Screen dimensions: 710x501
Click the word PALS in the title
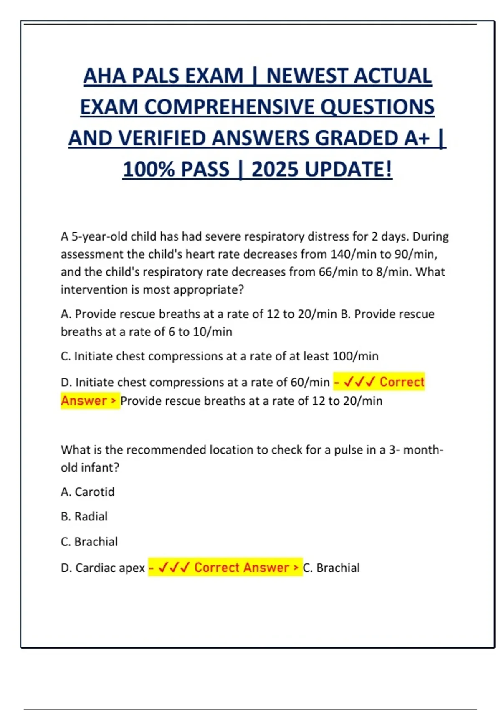coord(156,76)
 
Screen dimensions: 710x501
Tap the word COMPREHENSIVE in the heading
coord(229,107)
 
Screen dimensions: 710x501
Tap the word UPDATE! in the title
coord(349,170)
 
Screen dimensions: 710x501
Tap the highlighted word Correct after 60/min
coord(402,382)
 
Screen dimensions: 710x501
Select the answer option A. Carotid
coord(88,492)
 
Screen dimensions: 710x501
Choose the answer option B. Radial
coord(84,517)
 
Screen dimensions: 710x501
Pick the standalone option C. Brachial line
coord(89,542)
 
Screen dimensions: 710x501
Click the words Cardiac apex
coord(110,568)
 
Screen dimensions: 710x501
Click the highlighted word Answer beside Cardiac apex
coord(266,568)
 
